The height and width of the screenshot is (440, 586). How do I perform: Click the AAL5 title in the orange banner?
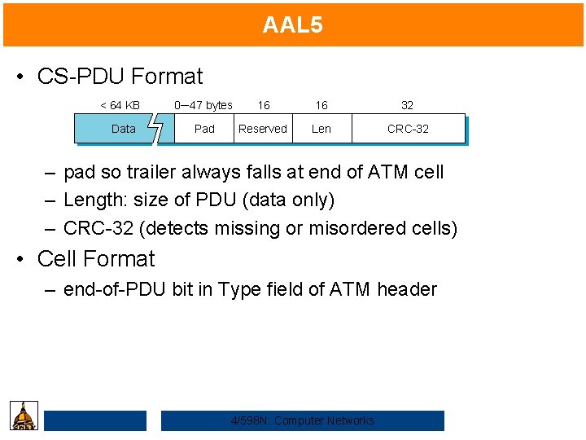click(292, 24)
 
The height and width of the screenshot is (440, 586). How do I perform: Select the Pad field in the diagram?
click(204, 129)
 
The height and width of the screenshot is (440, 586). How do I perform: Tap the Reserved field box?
click(262, 129)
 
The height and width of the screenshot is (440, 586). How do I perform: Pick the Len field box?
click(321, 129)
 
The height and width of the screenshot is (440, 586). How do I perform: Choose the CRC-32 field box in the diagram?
click(408, 129)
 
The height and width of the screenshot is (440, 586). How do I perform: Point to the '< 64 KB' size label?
click(120, 105)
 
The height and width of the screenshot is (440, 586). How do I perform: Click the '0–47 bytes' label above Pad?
click(203, 105)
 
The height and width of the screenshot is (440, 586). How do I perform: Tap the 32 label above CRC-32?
click(407, 105)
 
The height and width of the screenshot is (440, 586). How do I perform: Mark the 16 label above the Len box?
click(321, 105)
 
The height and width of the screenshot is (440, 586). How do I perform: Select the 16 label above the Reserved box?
click(264, 105)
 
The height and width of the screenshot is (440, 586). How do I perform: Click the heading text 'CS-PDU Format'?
click(120, 77)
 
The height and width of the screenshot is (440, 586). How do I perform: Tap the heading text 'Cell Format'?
click(96, 259)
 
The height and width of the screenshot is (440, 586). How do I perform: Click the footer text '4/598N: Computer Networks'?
click(303, 420)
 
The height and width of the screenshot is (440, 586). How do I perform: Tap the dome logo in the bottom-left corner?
click(24, 416)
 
